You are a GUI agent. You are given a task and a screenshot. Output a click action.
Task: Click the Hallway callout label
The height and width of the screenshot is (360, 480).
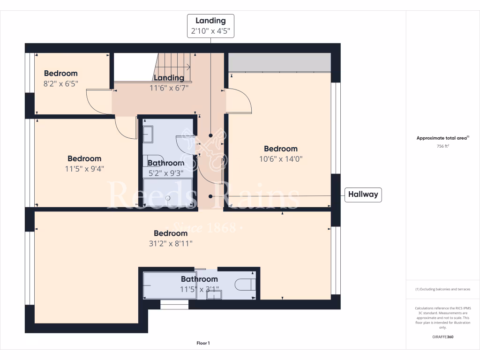click(363, 195)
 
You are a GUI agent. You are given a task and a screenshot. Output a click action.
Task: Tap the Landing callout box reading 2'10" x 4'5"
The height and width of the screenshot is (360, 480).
click(210, 26)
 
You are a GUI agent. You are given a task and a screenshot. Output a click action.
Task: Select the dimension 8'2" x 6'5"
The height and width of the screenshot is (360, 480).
click(60, 84)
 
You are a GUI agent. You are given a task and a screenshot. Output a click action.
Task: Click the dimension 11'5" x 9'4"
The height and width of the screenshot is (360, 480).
click(84, 169)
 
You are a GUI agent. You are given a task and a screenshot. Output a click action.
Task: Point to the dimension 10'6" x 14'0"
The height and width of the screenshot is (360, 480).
click(281, 159)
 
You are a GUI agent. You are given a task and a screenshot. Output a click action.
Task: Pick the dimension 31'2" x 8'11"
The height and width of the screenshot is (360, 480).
click(171, 243)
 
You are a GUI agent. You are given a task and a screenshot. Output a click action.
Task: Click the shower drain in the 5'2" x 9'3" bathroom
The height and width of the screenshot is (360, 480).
click(167, 198)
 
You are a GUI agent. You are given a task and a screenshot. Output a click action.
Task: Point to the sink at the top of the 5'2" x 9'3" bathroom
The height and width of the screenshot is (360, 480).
click(148, 134)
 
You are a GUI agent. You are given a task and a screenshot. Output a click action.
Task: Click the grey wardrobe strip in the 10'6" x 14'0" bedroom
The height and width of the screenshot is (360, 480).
click(279, 62)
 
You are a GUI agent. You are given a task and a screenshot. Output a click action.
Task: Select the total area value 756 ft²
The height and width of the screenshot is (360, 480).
click(443, 146)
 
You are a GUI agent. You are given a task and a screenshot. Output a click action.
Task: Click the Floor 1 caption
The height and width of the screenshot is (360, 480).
click(203, 344)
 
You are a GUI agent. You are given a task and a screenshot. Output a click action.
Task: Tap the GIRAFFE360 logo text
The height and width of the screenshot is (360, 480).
click(443, 337)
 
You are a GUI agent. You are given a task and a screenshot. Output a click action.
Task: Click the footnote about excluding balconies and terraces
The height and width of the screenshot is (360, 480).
click(443, 289)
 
